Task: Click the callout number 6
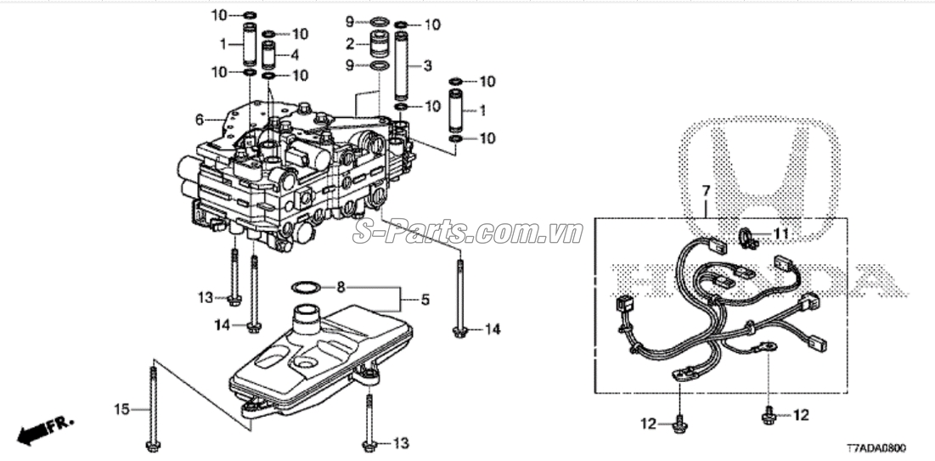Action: (x=200, y=121)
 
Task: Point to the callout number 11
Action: (x=781, y=232)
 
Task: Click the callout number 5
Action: (x=425, y=300)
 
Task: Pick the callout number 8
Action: (x=341, y=287)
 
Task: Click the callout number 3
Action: (x=428, y=65)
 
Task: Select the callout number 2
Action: (x=351, y=43)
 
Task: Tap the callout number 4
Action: (x=295, y=55)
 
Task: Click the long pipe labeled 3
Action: (x=402, y=68)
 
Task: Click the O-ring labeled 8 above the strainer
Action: (x=307, y=286)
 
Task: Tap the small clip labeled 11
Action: (x=747, y=239)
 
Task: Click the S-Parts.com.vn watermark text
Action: (x=467, y=233)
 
